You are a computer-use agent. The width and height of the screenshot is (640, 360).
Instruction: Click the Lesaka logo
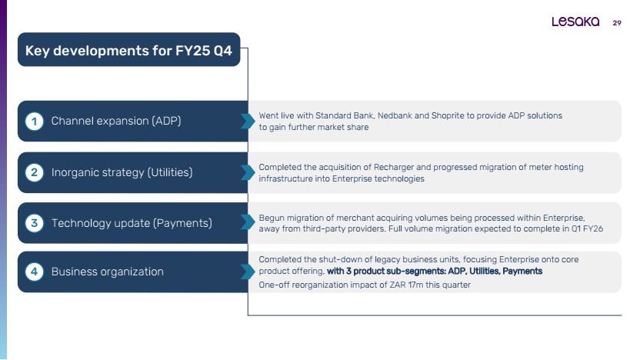575,22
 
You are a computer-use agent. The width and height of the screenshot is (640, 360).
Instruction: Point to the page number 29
617,23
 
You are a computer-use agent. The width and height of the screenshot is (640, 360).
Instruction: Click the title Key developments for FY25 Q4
128,51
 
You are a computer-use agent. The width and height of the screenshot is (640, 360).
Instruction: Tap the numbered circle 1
35,122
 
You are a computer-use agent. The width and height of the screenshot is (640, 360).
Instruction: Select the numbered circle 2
35,172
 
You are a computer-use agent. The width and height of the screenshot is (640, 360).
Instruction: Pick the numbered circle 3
35,223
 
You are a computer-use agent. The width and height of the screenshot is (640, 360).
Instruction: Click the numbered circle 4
35,272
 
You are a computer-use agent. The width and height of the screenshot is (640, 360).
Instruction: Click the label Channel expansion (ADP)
116,122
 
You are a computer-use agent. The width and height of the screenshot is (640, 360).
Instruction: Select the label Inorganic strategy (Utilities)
122,172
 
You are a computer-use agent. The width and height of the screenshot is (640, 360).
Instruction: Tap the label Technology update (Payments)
132,223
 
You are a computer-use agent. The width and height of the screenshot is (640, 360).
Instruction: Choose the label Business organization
108,272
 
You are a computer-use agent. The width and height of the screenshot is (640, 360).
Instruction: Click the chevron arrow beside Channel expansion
248,122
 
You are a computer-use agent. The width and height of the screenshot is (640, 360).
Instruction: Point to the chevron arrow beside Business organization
248,272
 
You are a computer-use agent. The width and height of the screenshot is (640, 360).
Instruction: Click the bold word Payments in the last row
522,272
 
